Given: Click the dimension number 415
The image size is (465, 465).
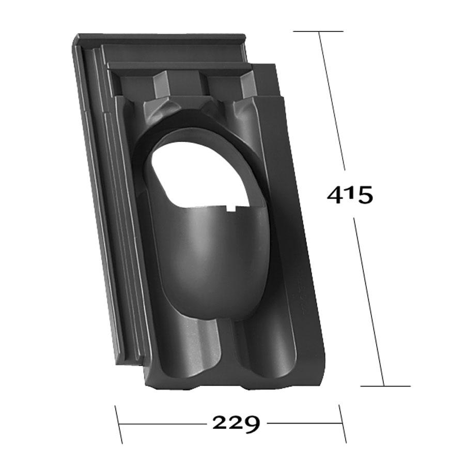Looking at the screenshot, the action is coord(350,195).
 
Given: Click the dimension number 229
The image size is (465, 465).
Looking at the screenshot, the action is coord(236,424).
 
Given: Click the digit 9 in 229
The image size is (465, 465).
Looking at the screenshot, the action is coord(252,424).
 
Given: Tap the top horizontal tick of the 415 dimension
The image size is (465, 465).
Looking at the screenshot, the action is coord(318,31).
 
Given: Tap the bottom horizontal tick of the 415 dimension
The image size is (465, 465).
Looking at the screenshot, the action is coord(385,386).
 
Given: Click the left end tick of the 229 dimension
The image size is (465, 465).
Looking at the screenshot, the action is coord(119,424).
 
